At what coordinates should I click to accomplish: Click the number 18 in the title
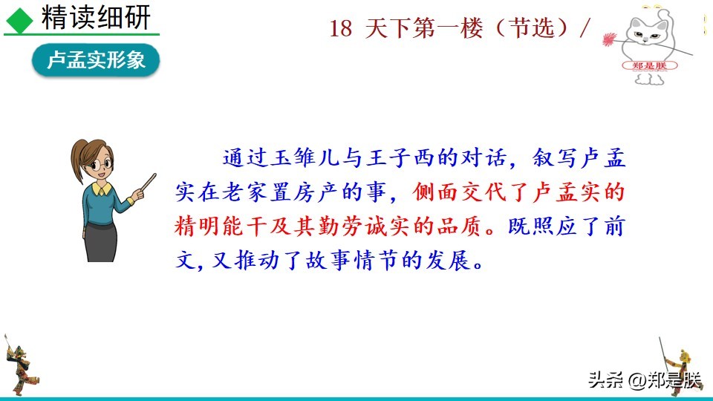pos(341,29)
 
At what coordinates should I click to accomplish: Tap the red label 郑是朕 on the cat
pos(649,65)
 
